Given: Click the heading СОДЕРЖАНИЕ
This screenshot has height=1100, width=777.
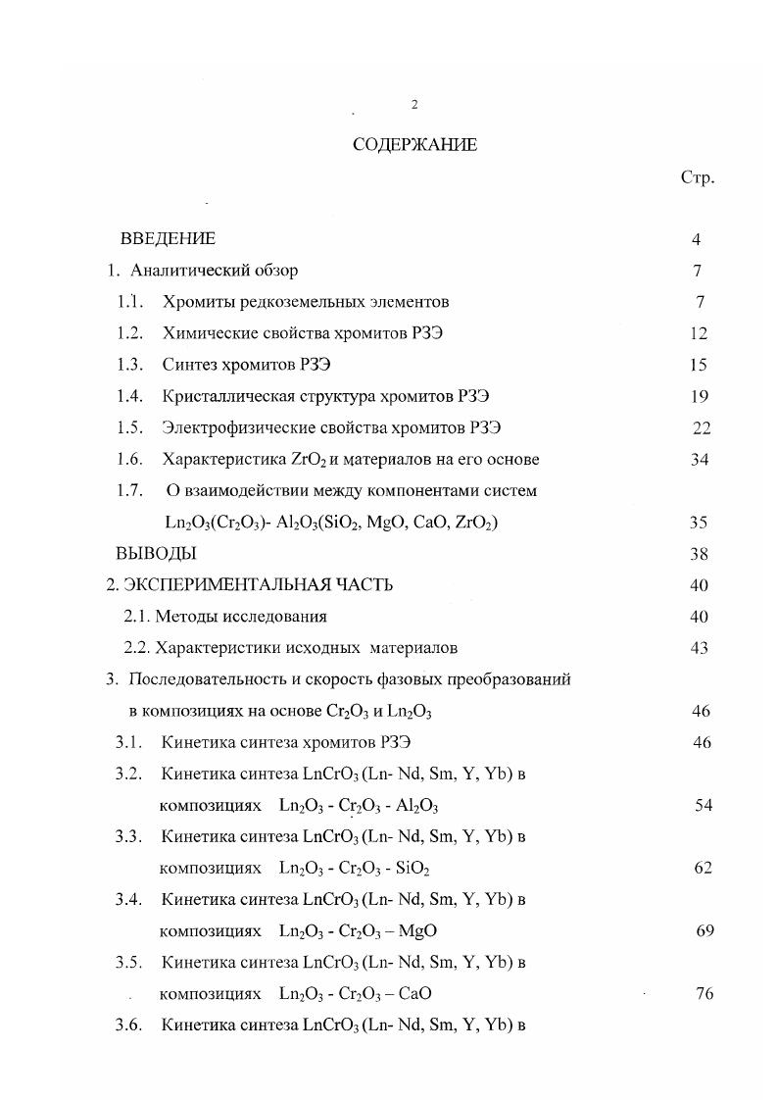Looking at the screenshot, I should [414, 145].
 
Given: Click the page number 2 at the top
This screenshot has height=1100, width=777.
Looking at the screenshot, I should [414, 105].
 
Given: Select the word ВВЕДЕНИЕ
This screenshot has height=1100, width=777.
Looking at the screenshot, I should [168, 239].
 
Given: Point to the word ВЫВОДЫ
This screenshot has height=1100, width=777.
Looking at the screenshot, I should [156, 554].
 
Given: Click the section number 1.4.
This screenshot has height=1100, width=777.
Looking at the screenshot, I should [129, 397].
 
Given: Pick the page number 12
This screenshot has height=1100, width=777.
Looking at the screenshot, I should [699, 334].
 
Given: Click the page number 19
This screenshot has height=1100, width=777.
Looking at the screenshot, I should [699, 397].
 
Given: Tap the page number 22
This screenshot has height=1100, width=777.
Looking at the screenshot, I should [701, 428].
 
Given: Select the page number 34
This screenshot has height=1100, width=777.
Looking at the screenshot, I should [699, 460].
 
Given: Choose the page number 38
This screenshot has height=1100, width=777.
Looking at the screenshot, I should [699, 554].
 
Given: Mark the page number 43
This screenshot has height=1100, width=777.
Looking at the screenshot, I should [699, 648].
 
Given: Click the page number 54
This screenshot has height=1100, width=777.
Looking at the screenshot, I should [702, 806].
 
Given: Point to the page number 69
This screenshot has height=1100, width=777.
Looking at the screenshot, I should [704, 931].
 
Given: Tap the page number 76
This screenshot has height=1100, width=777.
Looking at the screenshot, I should [703, 994].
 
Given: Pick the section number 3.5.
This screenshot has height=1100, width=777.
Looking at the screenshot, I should [129, 963].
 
